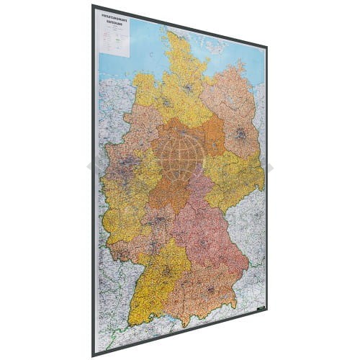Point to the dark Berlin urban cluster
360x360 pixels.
click(240, 134)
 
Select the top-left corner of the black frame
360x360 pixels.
click(94, 5)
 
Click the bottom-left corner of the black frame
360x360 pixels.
click(94, 356)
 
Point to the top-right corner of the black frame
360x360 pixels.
click(267, 48)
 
